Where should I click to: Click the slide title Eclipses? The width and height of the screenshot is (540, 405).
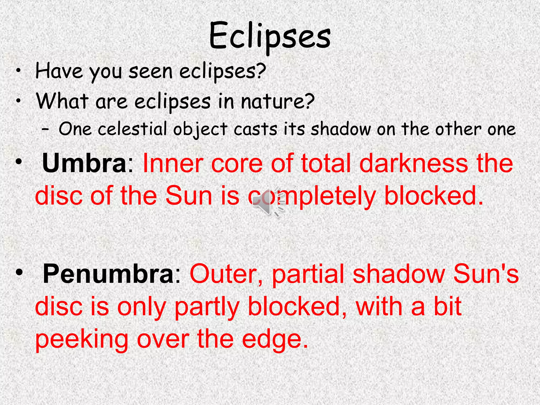pos(270,36)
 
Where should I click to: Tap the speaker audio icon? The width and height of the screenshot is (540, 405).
pos(268,202)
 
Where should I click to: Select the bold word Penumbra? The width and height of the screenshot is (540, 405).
pos(108,274)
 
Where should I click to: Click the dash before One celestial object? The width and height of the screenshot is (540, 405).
pos(45,130)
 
